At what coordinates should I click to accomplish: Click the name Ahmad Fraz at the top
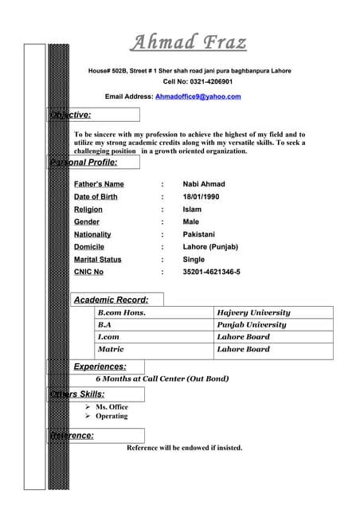coord(189,41)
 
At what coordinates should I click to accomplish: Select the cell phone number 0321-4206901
coord(209,82)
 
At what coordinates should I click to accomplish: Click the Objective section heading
coord(71,115)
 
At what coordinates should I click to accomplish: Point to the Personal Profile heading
coord(84,162)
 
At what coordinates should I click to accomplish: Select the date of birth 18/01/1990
coord(201,197)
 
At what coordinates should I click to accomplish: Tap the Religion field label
coord(92,210)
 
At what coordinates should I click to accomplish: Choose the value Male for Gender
coord(190,222)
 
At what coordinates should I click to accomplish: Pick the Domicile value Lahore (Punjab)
coord(210,247)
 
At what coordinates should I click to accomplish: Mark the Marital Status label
coord(98,259)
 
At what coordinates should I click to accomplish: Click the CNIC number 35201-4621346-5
coord(211,272)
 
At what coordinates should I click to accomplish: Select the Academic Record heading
coord(111,300)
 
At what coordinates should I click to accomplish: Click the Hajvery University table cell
coord(254,313)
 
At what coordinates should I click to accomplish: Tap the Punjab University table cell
coord(252,325)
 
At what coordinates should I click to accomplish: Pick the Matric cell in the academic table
coord(110,349)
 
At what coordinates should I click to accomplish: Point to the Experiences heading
coord(100,367)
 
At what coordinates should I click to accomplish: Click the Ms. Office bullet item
coord(112,407)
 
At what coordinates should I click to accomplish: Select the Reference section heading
coord(72,435)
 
